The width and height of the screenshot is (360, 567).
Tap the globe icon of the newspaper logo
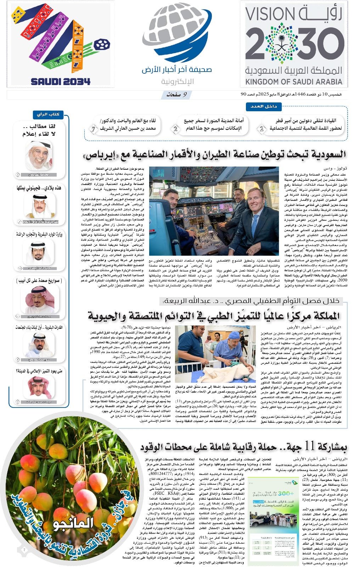pos(176,34)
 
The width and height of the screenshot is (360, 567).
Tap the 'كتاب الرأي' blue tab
pos(48,114)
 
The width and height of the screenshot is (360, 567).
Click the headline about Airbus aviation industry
pos(214,155)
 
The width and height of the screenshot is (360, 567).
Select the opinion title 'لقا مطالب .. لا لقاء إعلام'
pos(39,130)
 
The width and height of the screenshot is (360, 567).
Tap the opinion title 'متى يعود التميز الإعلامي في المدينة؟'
pos(39,371)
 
